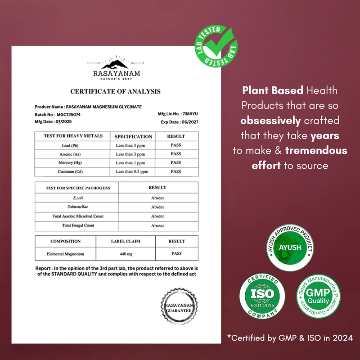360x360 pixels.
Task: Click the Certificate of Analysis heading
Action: (115, 91)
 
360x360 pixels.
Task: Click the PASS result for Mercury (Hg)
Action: (176, 162)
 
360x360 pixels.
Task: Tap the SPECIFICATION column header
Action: (133, 136)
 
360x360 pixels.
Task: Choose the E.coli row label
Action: (76, 198)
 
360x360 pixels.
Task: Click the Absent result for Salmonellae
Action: (157, 207)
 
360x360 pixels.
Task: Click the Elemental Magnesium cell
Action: (66, 254)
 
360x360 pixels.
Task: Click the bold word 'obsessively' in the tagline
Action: (270, 121)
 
